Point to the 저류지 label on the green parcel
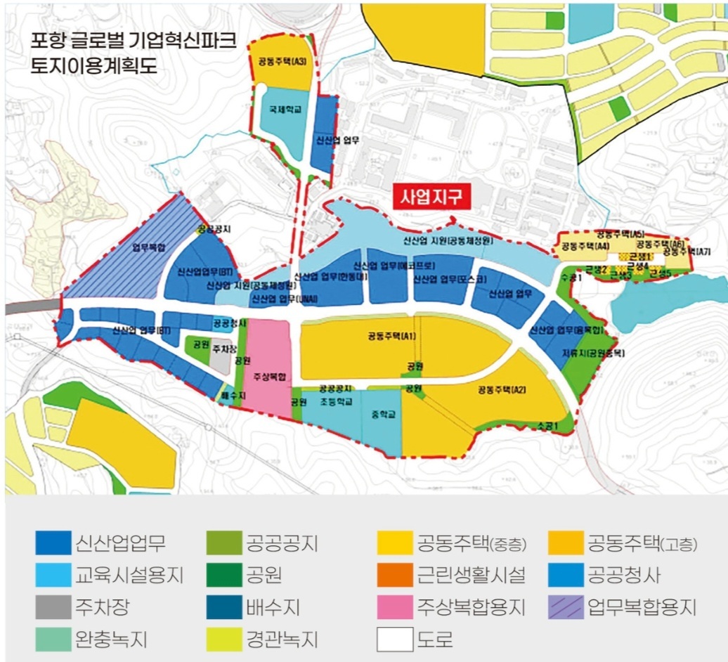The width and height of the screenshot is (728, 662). click(583, 353)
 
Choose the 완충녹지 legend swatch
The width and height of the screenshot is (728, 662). click(53, 639)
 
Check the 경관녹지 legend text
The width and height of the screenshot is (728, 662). click(282, 639)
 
